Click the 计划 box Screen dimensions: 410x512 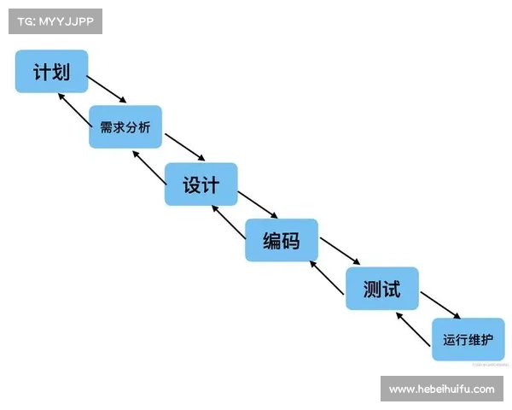pyautogui.click(x=51, y=71)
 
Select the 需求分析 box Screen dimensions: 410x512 pyautogui.click(x=125, y=127)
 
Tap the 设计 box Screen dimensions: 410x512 pyautogui.click(x=201, y=184)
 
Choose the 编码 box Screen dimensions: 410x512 pyautogui.click(x=282, y=240)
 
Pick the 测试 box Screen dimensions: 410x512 pyautogui.click(x=381, y=288)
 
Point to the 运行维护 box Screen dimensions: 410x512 pyautogui.click(x=468, y=339)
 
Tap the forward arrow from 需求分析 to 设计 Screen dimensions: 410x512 pyautogui.click(x=185, y=146)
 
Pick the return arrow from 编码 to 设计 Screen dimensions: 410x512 pyautogui.click(x=228, y=224)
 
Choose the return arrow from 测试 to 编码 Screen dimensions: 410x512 pyautogui.click(x=327, y=279)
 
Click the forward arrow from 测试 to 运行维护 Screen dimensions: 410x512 pyautogui.click(x=440, y=305)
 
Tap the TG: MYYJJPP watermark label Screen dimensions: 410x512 pyautogui.click(x=55, y=20)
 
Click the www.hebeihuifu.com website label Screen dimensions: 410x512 pyautogui.click(x=441, y=389)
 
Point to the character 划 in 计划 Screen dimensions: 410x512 pyautogui.click(x=62, y=71)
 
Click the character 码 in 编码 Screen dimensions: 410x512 pyautogui.click(x=292, y=240)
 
